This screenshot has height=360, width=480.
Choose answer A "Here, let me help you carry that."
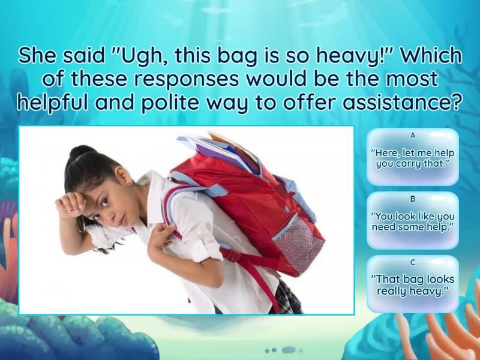pyautogui.click(x=412, y=158)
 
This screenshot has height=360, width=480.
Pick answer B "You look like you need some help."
pyautogui.click(x=412, y=221)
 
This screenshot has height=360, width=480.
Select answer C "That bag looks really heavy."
pyautogui.click(x=412, y=285)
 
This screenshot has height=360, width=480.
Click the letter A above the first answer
pyautogui.click(x=413, y=136)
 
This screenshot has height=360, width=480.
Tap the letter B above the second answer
pyautogui.click(x=413, y=199)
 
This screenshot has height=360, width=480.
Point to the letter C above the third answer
pyautogui.click(x=413, y=262)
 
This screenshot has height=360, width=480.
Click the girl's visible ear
pyautogui.click(x=128, y=178)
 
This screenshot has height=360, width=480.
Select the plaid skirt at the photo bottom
pyautogui.click(x=288, y=300)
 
